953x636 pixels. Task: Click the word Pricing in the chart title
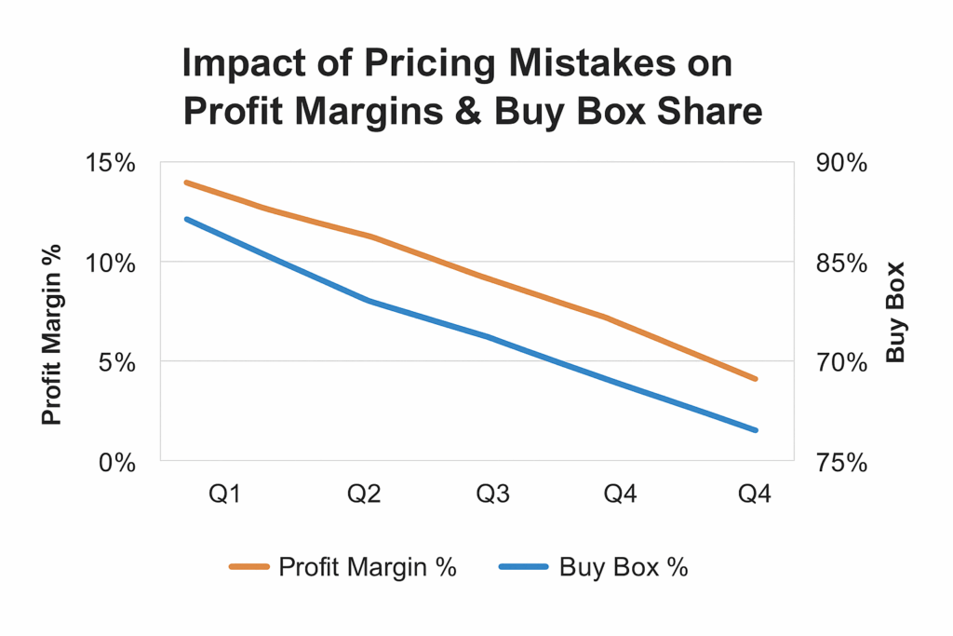click(x=423, y=64)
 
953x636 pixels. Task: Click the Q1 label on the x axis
click(x=223, y=494)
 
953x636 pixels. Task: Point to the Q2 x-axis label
click(x=365, y=494)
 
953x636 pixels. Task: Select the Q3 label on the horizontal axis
click(x=492, y=494)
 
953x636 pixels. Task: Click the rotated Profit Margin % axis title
click(x=52, y=334)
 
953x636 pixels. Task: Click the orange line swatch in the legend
click(x=248, y=567)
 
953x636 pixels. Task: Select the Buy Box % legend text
click(x=624, y=567)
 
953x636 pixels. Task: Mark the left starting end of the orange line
click(x=187, y=183)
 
